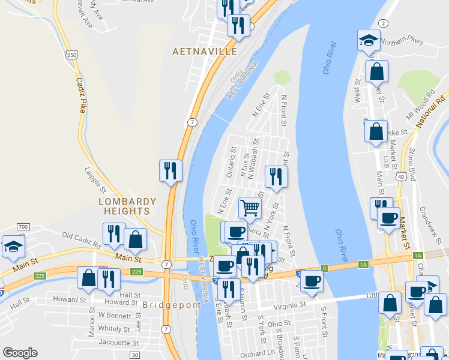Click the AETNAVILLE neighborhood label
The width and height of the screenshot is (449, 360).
pos(205,52)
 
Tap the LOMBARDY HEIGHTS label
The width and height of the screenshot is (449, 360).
pos(128,206)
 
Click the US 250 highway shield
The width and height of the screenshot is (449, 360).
pos(72,55)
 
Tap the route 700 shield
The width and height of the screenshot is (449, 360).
pos(23,226)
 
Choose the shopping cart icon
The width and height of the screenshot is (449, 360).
pos(250,208)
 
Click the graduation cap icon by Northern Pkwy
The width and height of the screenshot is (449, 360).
pos(368,40)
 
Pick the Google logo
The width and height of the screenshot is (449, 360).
pos(20,353)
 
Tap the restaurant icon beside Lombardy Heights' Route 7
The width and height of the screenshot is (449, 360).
pos(170,170)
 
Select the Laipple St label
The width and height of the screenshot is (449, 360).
pos(95,180)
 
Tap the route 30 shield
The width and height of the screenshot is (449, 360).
pos(135,355)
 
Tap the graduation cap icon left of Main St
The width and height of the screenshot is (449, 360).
pos(13,247)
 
